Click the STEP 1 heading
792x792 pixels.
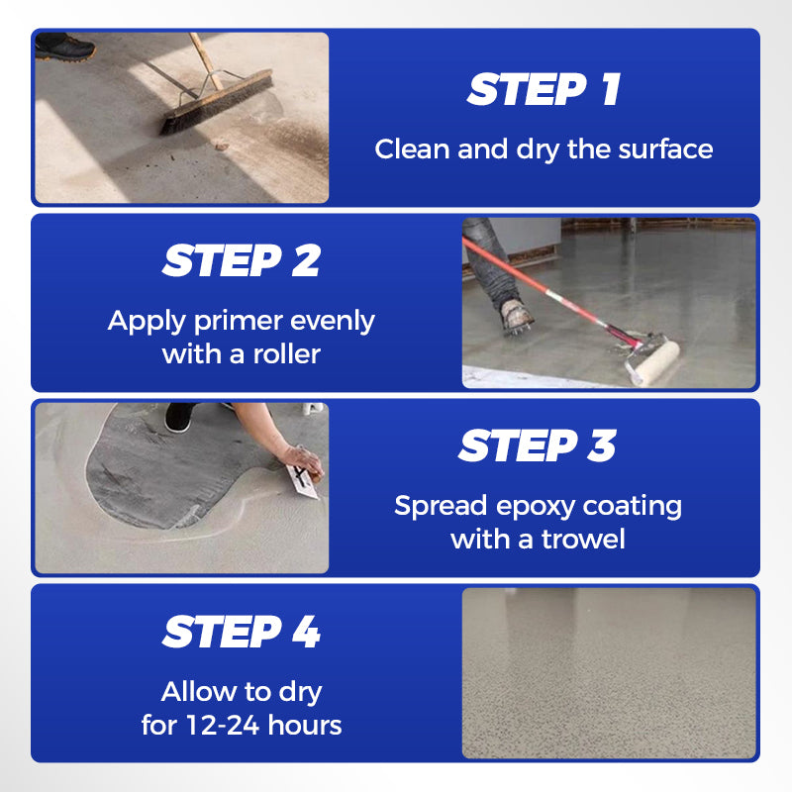(544, 90)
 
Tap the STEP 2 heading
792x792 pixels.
(242, 261)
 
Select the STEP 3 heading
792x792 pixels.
(537, 446)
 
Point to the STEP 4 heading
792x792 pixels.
(242, 633)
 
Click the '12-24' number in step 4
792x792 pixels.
(222, 725)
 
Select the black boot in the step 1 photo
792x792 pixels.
(65, 47)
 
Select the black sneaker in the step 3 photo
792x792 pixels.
(178, 417)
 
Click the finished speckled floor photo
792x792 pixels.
(608, 672)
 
